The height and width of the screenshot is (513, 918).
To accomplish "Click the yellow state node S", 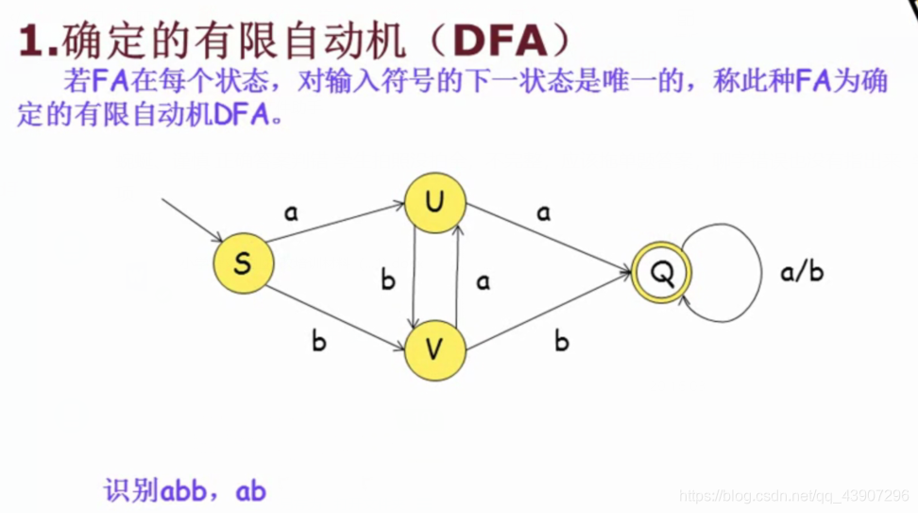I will coord(243,262).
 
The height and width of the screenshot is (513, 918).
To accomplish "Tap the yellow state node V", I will coord(434,350).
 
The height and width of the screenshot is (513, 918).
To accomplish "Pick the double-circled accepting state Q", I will coord(663,273).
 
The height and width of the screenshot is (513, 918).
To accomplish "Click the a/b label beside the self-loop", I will coord(803,272).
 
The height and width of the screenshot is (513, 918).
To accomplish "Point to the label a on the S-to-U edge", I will coord(291,213).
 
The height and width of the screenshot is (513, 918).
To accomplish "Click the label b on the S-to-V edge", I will coord(318,341).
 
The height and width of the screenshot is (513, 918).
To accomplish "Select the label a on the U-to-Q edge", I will coord(543,213).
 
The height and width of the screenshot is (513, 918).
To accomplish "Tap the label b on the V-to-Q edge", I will coord(561,341).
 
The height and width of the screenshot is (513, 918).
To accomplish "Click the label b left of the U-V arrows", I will coord(387,280).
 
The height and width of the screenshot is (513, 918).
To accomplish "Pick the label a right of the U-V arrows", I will coord(484,281).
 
